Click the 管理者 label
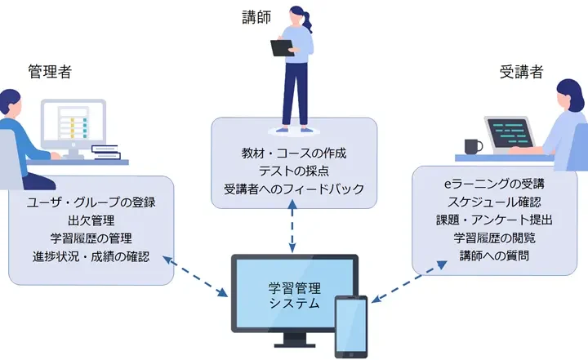click(x=50, y=71)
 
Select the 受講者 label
click(x=521, y=71)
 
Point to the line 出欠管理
click(x=91, y=220)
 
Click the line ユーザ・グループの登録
click(x=91, y=201)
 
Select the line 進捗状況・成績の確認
click(x=91, y=257)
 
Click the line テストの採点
click(x=294, y=171)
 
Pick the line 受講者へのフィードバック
click(x=294, y=190)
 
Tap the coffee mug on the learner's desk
click(x=472, y=147)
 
